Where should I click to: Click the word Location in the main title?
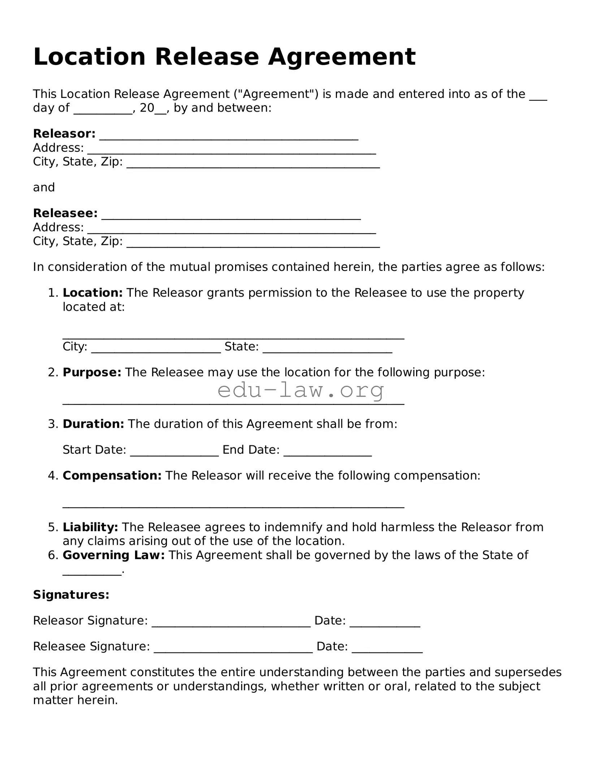pyautogui.click(x=89, y=57)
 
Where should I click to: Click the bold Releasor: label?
pyautogui.click(x=64, y=134)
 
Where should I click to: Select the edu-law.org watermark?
pyautogui.click(x=300, y=390)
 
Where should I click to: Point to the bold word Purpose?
pyautogui.click(x=92, y=372)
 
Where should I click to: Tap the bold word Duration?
pyautogui.click(x=93, y=424)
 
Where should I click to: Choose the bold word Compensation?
pyautogui.click(x=112, y=476)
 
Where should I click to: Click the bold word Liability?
pyautogui.click(x=90, y=527)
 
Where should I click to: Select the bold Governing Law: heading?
pyautogui.click(x=114, y=555)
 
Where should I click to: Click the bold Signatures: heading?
pyautogui.click(x=71, y=595)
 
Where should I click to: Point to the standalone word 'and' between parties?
pyautogui.click(x=44, y=187)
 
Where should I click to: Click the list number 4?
pyautogui.click(x=53, y=476)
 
